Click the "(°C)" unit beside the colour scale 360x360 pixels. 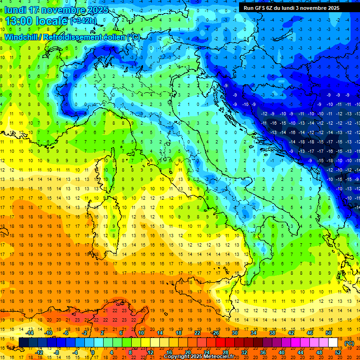349,343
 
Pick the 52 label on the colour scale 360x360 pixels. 338,352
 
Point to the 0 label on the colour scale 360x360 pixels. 93,352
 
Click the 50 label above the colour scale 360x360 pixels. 329,333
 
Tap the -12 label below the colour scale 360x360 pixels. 39,352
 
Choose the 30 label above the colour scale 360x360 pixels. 234,333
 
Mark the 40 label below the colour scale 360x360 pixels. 282,352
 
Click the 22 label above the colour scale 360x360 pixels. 197,333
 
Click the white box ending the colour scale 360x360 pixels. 333,343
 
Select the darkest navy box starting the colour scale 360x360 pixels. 23,343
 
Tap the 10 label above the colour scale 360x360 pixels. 141,333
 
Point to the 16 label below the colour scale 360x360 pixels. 169,352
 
